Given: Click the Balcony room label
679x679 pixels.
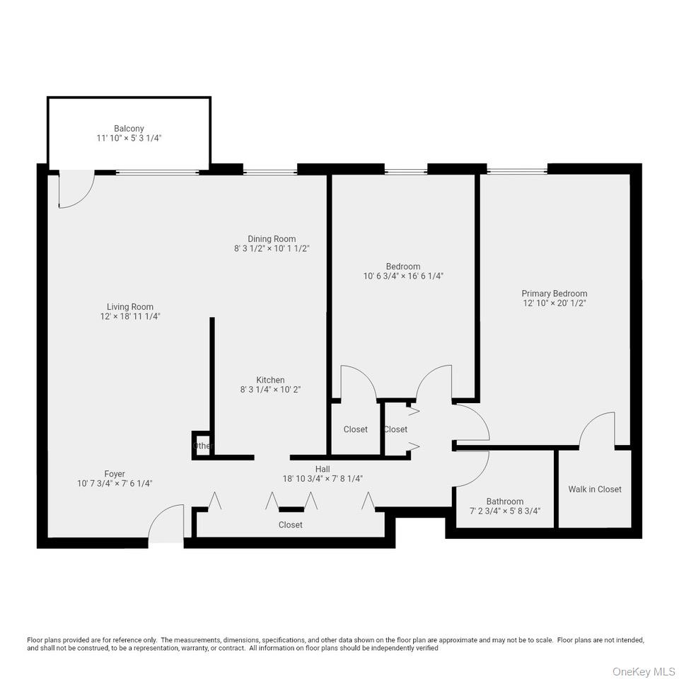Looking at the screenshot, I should tap(129, 129).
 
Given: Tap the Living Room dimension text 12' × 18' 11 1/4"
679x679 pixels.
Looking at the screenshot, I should tap(130, 316).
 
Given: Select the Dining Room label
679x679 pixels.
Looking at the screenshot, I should tap(272, 239).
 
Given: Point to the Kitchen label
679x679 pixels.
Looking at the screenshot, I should tap(270, 380).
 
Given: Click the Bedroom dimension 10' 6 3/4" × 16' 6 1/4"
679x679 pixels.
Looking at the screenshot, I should tap(403, 276).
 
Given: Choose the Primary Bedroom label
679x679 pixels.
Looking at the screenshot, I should tap(555, 294).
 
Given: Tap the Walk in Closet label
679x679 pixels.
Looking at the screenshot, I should tap(595, 489).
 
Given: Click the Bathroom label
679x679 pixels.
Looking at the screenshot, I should tap(505, 501).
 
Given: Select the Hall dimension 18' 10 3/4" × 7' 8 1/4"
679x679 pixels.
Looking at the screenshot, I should tap(323, 478).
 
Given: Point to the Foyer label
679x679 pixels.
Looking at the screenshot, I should tap(115, 474).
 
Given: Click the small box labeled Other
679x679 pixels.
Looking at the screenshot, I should tap(202, 446).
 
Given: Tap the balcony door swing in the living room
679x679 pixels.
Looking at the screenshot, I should tap(76, 191).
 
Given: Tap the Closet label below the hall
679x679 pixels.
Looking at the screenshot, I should tap(290, 525).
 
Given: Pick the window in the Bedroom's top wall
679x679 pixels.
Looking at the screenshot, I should tap(406, 170).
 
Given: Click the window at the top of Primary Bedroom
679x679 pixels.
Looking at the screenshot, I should tap(517, 170).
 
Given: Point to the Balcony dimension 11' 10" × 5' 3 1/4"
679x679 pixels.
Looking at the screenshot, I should tap(129, 139).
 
